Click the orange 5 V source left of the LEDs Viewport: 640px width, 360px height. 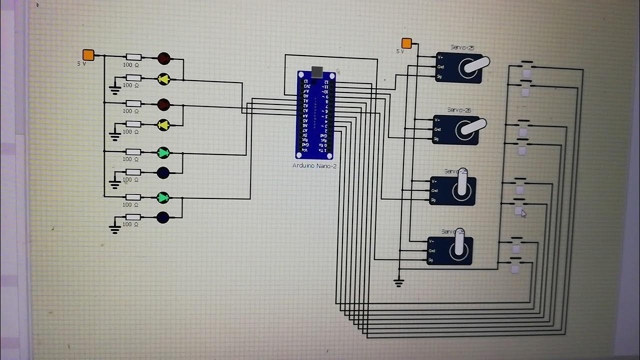pos(88,55)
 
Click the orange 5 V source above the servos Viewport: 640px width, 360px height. pos(406,43)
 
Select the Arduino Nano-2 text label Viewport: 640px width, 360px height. pos(314,165)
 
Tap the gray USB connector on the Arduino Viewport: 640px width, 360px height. pos(316,72)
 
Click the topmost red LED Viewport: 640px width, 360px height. pos(163,58)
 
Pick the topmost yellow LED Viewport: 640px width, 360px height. pos(163,78)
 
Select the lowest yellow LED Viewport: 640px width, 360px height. pos(163,125)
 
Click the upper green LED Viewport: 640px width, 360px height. pos(163,152)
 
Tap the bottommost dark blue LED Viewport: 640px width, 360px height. pos(163,217)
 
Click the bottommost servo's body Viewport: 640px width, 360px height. pos(450,250)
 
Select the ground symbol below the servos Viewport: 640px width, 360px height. pos(398,282)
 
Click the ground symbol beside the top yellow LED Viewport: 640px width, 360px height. pos(115,90)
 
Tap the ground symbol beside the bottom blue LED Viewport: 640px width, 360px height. pos(115,229)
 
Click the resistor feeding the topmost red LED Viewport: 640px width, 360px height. pos(133,57)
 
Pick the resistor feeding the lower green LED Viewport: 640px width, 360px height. pos(132,197)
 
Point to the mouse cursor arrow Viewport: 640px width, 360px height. pos(523,213)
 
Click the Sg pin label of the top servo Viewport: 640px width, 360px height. pos(439,76)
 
